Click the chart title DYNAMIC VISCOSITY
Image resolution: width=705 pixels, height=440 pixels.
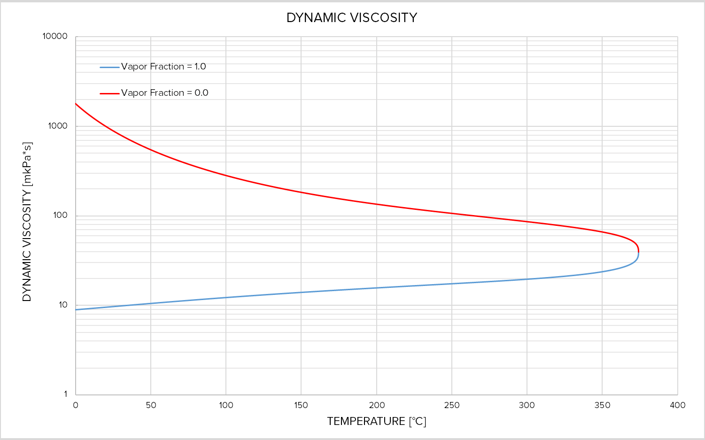352,18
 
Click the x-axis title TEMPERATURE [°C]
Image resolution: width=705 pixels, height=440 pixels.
376,421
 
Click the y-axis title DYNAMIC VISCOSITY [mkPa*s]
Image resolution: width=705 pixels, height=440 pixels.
27,222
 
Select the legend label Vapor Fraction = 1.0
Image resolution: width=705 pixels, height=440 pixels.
163,67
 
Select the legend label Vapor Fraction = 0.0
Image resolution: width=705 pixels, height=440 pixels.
164,93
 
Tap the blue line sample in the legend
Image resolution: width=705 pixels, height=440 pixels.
109,67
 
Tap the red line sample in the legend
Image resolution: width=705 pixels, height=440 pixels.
109,93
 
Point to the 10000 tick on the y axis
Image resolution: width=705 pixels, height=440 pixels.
55,37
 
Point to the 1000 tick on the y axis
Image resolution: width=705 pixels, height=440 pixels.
58,126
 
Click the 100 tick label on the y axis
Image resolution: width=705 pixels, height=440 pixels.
60,216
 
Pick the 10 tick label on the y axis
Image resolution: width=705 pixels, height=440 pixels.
63,305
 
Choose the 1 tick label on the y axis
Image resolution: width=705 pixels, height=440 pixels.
65,394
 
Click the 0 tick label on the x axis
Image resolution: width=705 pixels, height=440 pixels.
76,405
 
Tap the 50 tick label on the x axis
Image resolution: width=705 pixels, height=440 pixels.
151,405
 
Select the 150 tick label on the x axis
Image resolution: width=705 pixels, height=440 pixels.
301,405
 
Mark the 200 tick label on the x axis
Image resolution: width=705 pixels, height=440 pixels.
377,405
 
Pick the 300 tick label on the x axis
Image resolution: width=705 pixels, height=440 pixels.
527,405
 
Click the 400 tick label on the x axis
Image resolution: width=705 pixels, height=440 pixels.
677,405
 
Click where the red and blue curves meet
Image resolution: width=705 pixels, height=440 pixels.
638,253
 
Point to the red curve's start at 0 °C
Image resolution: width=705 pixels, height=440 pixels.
76,104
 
